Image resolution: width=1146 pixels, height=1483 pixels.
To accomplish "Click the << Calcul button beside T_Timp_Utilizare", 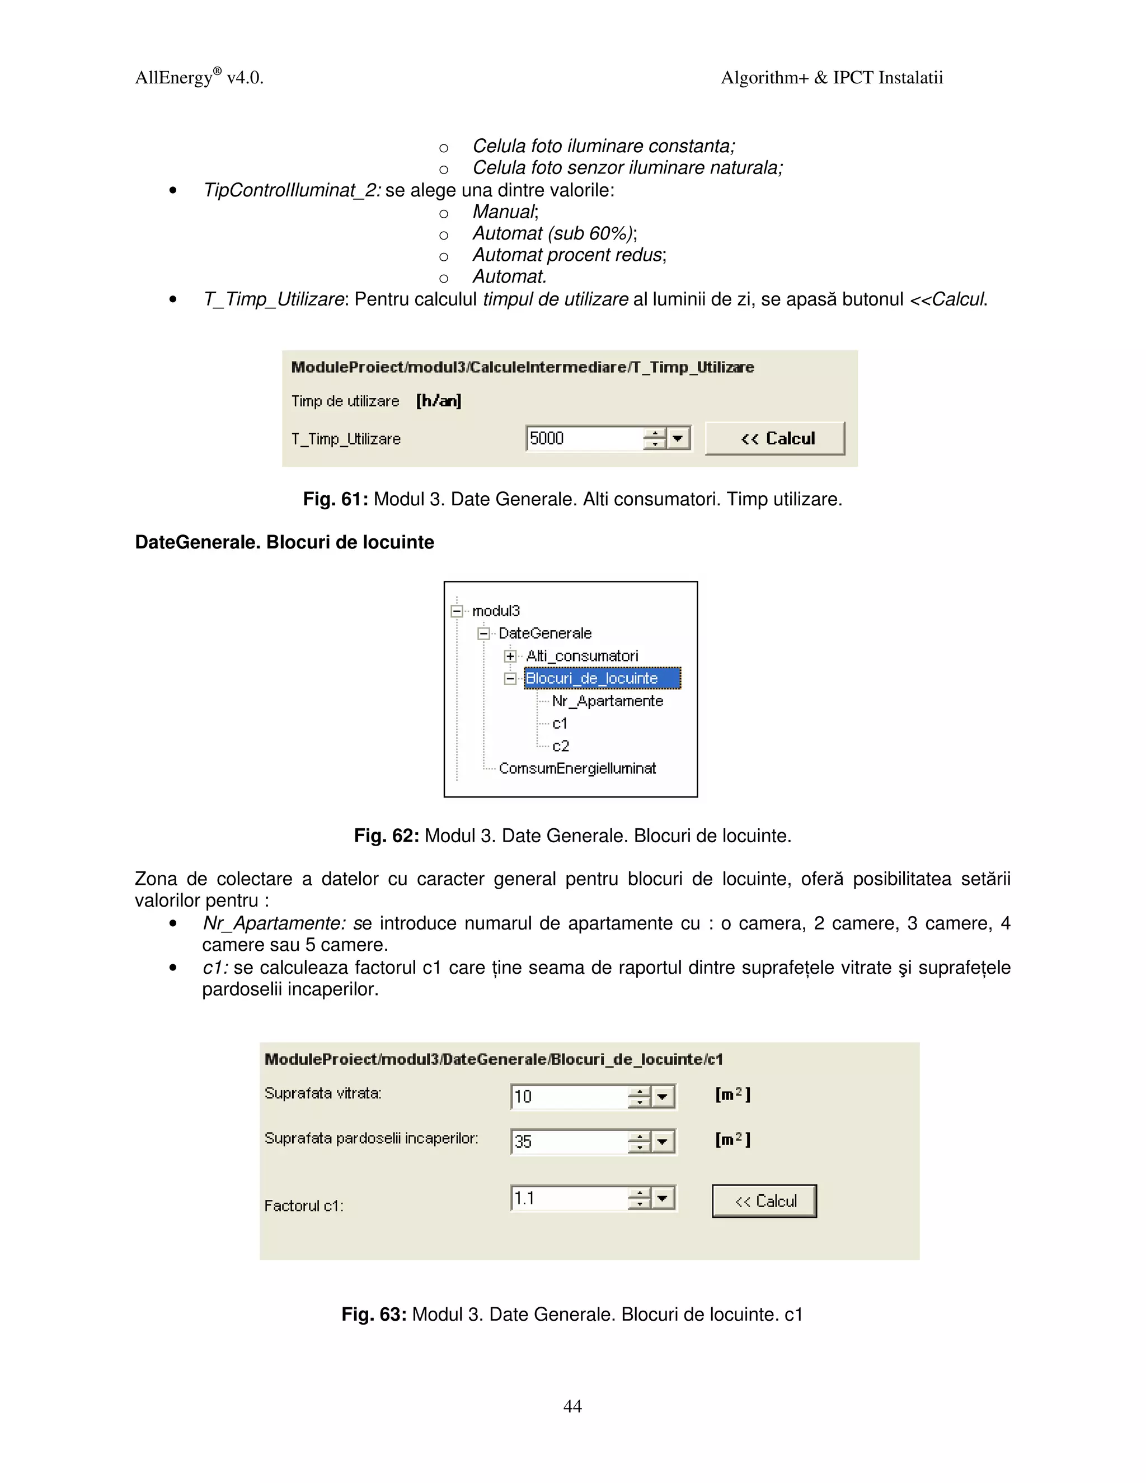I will tap(774, 438).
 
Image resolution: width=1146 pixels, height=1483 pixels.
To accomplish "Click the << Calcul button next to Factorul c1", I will tap(764, 1201).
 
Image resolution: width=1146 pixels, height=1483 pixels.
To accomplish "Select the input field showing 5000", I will tap(584, 438).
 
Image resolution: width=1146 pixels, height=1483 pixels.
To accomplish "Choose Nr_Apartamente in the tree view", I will tap(607, 701).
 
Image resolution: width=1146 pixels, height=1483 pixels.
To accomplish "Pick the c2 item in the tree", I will tap(560, 745).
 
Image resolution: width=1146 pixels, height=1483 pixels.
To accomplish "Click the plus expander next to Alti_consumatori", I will tap(510, 656).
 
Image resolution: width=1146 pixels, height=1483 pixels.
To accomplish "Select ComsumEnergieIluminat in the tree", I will tap(577, 768).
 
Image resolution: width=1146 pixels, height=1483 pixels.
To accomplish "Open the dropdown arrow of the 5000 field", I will tap(678, 438).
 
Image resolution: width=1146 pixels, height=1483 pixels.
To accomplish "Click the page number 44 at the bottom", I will tap(572, 1406).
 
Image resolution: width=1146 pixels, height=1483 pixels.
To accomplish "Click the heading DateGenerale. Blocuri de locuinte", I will tap(284, 542).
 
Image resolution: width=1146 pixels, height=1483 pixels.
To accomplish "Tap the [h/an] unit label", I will tap(439, 401).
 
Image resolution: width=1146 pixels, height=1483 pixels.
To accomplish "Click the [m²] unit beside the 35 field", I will tap(732, 1139).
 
